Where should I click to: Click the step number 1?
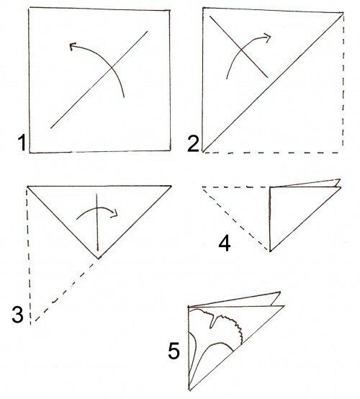coord(22,143)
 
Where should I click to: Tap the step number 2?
coord(194,144)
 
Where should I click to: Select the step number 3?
coord(18,315)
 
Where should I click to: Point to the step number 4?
coord(225,243)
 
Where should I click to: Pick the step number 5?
coord(174,351)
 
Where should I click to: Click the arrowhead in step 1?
coord(73,46)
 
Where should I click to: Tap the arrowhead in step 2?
coord(267,37)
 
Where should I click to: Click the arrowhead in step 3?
coord(114,213)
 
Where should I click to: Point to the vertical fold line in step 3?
coord(97,223)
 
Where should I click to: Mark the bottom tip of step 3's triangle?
coord(98,259)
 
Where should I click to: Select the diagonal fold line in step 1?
coord(99,80)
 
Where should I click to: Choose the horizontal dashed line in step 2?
coord(271,153)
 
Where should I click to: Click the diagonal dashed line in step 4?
coord(236,219)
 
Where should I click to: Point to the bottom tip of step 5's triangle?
coord(189,390)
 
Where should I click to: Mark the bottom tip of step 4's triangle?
coord(270,251)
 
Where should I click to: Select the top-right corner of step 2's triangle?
coord(343,13)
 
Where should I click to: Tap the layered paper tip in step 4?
coord(338,183)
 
